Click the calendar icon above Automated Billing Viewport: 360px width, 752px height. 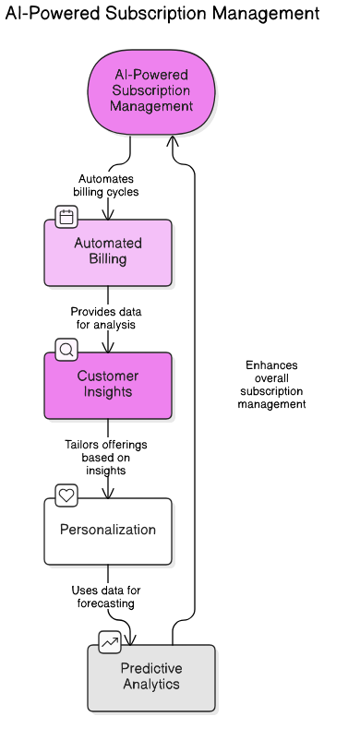point(66,218)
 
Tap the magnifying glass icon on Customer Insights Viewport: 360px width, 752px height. point(66,350)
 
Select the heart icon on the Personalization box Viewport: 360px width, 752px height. point(66,495)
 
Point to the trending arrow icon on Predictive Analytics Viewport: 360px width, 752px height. point(110,642)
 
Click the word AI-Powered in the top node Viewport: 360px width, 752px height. point(151,75)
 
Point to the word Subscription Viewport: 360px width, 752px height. point(151,90)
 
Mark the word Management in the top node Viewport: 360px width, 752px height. point(151,106)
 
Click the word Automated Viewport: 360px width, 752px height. point(108,244)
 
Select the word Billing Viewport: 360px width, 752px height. point(108,259)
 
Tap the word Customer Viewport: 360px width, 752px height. point(108,376)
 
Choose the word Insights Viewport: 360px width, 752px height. point(108,392)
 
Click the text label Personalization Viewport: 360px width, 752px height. point(108,531)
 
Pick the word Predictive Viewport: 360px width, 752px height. point(151,669)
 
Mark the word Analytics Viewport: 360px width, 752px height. point(151,685)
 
